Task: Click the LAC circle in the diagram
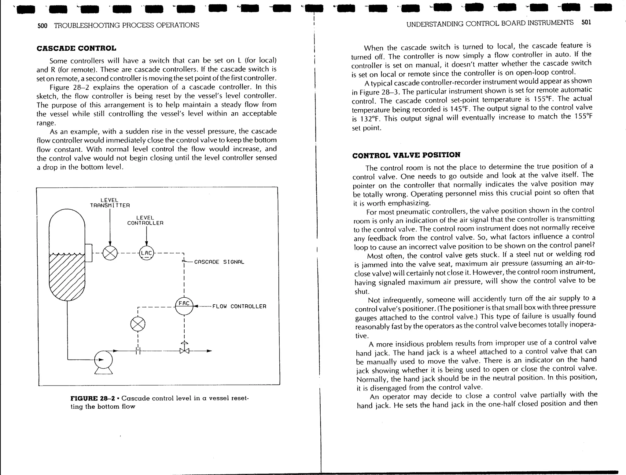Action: (x=146, y=253)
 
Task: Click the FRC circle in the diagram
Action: (x=184, y=306)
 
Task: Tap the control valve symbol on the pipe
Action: (x=184, y=350)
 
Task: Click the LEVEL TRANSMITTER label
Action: (x=110, y=203)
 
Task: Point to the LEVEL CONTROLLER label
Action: (x=145, y=220)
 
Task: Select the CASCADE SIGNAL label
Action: (x=219, y=262)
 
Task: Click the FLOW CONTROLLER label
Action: (x=239, y=306)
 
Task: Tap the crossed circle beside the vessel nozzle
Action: (x=110, y=253)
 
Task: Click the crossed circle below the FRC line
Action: (x=138, y=324)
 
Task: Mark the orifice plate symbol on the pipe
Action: (x=138, y=351)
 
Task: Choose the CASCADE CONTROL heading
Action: (x=76, y=48)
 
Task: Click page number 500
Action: (x=42, y=25)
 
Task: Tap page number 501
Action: (x=586, y=22)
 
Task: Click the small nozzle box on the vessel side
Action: (x=89, y=253)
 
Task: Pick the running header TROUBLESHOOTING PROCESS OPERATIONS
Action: (x=127, y=25)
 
